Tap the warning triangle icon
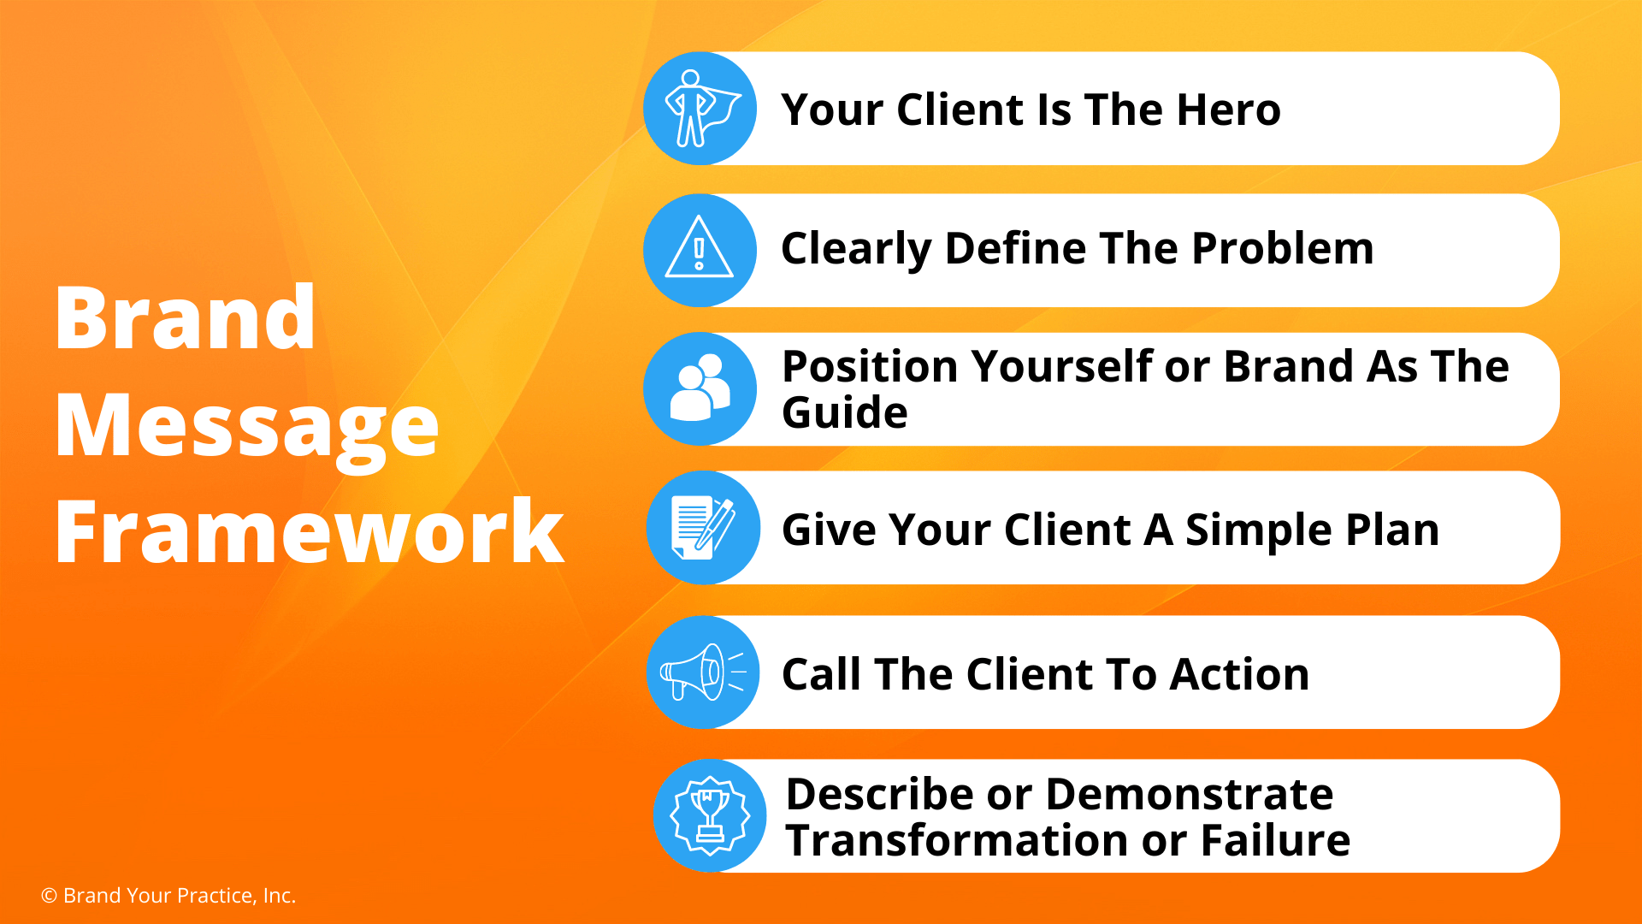[x=700, y=247]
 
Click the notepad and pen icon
[x=703, y=528]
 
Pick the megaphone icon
[x=702, y=672]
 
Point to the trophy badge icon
[x=710, y=815]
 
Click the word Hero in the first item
[x=1228, y=110]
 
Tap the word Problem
[x=1283, y=248]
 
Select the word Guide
[x=845, y=412]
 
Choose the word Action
[x=1240, y=674]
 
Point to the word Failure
[x=1276, y=840]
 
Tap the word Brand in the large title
[x=186, y=317]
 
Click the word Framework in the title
[x=310, y=531]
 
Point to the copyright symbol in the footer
[x=50, y=896]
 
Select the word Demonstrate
[x=1190, y=794]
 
